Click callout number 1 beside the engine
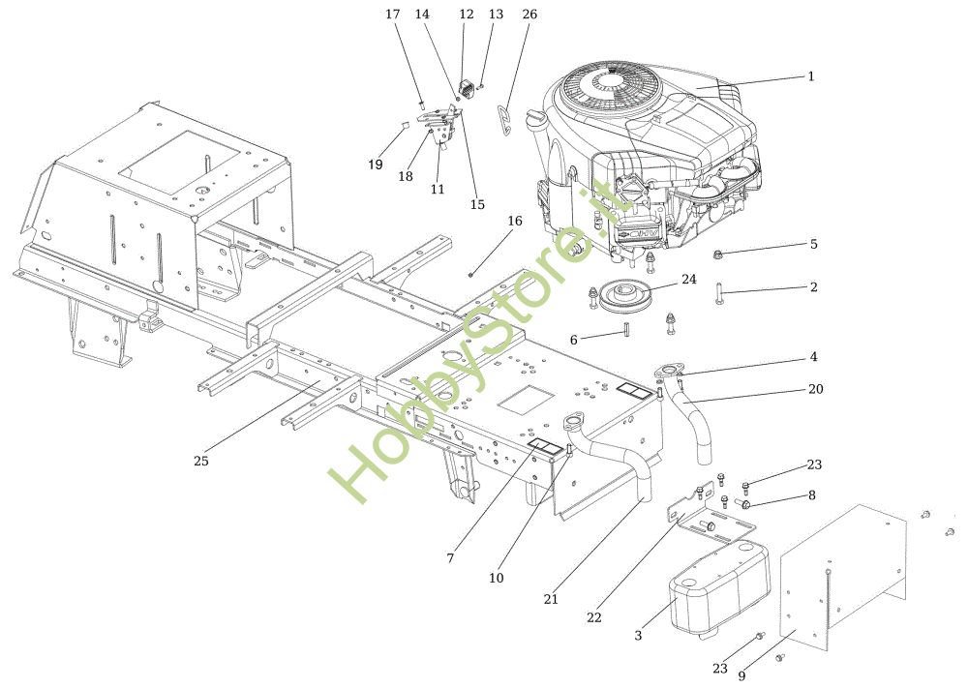[x=811, y=76]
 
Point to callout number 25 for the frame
[x=201, y=461]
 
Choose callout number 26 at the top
[x=529, y=15]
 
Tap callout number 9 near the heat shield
[x=741, y=676]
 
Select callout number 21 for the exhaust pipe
[x=551, y=599]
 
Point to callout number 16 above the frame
[x=515, y=221]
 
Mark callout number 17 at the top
[x=392, y=15]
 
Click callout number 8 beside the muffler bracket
[x=811, y=495]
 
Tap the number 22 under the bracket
[x=594, y=616]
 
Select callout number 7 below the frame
[x=450, y=558]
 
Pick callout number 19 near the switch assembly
[x=376, y=165]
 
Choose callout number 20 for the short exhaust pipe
[x=816, y=389]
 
